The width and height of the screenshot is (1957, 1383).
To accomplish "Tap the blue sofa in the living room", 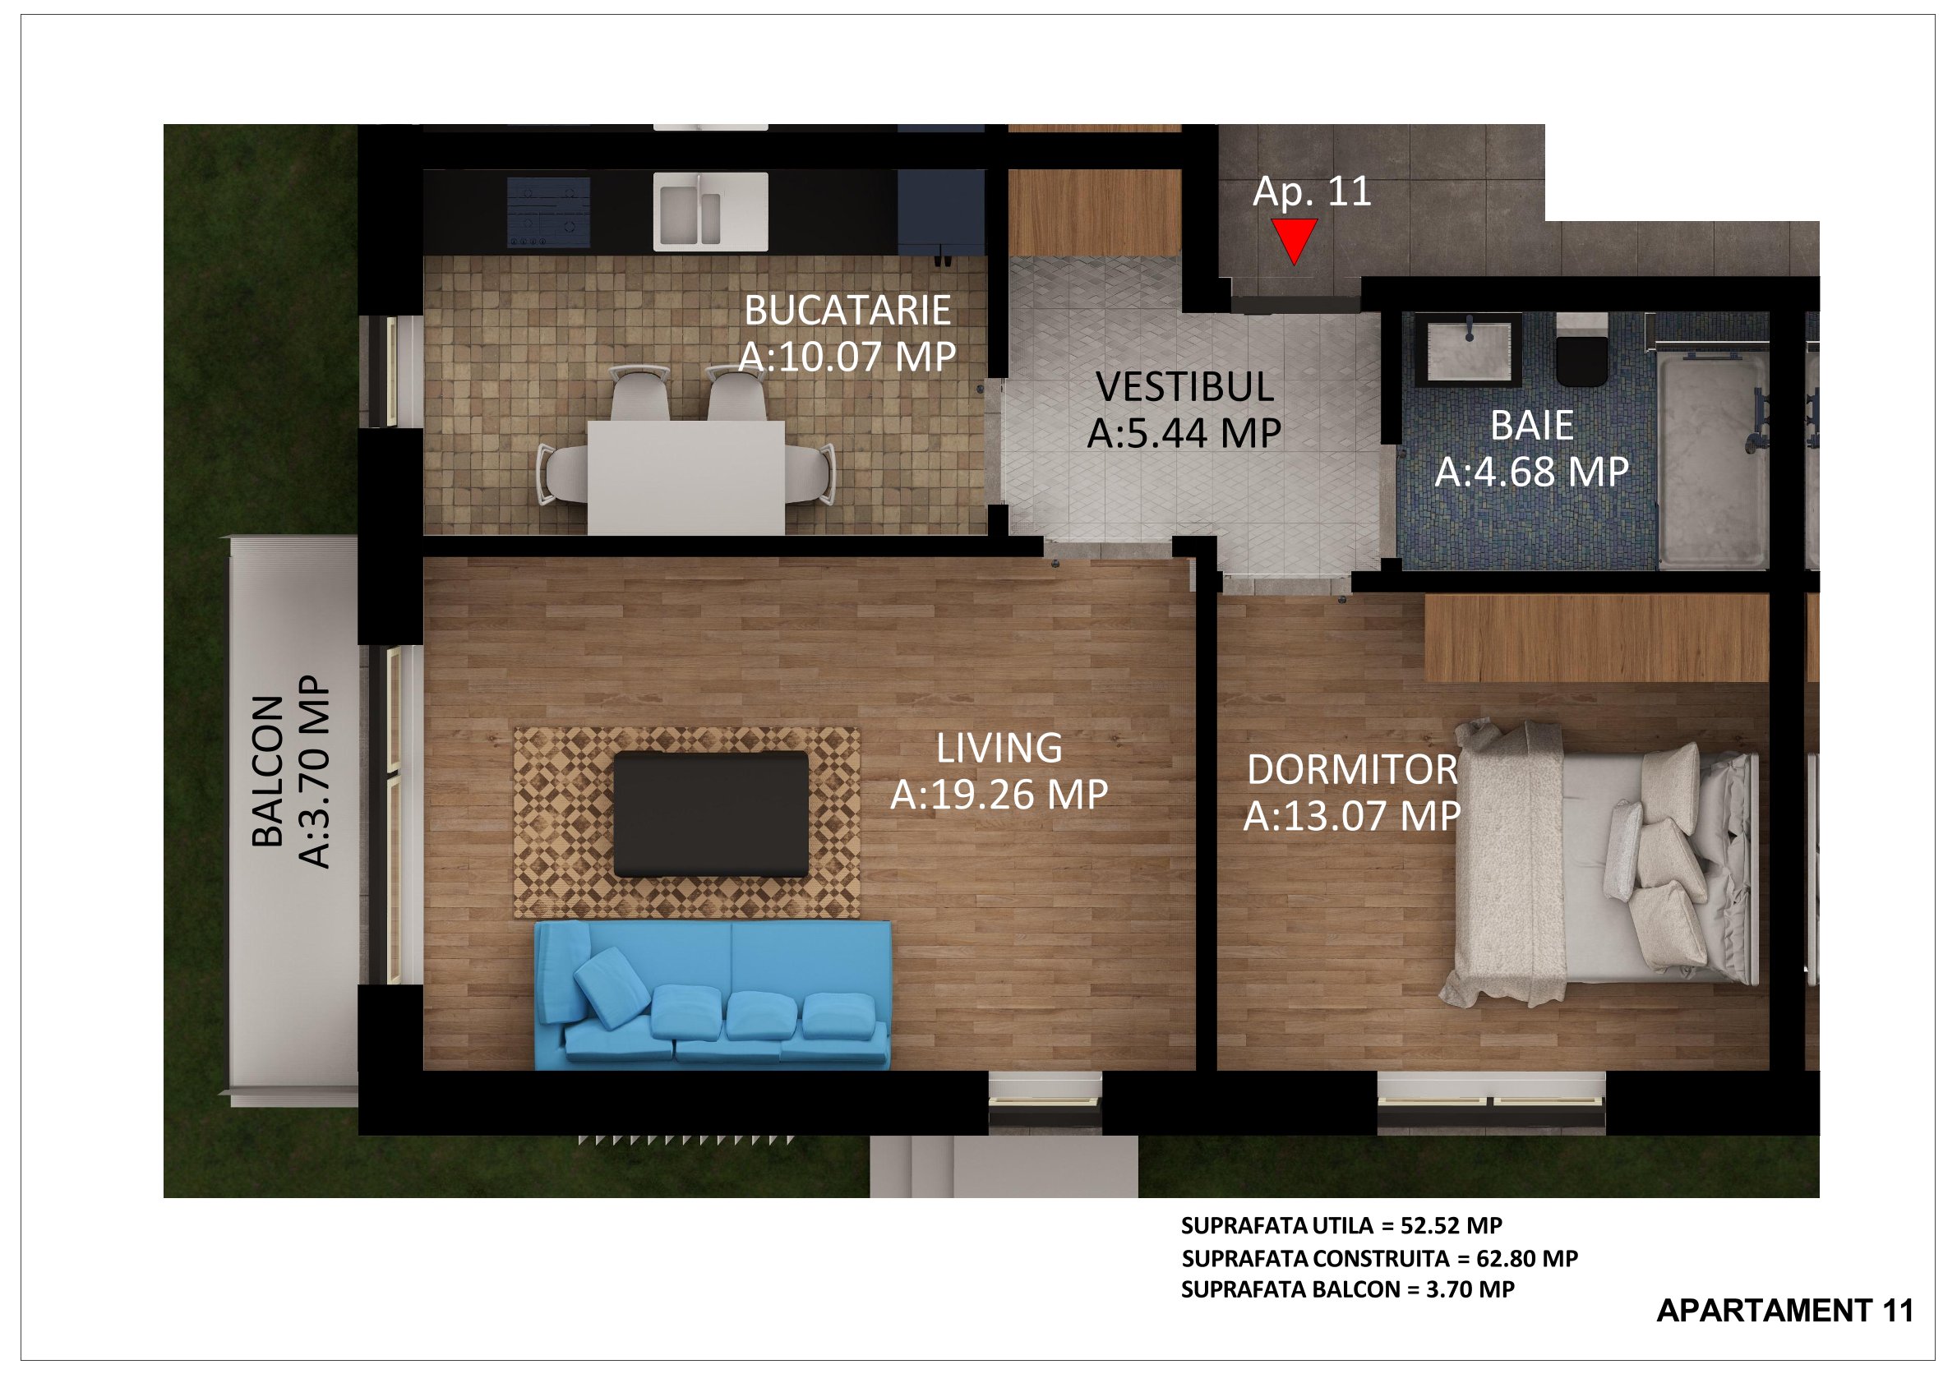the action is click(713, 995).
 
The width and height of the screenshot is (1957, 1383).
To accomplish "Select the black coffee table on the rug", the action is click(711, 814).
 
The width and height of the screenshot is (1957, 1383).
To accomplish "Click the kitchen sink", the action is click(711, 211).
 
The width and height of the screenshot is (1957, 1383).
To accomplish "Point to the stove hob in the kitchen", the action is click(549, 212).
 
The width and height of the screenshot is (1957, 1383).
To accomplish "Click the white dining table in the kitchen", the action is click(686, 478).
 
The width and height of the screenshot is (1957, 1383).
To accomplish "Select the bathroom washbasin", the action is click(1469, 350).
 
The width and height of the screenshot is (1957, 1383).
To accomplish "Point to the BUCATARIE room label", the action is click(847, 310).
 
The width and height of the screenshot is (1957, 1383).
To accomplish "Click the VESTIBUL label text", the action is click(1184, 387).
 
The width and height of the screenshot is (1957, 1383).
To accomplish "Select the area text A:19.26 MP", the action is click(999, 794).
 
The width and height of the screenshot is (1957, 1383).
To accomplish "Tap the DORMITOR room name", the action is click(1353, 770).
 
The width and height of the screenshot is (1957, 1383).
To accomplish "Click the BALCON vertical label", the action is click(269, 772).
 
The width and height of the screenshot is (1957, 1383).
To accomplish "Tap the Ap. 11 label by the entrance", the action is click(1312, 191).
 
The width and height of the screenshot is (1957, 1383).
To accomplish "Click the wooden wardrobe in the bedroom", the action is click(1596, 638).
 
